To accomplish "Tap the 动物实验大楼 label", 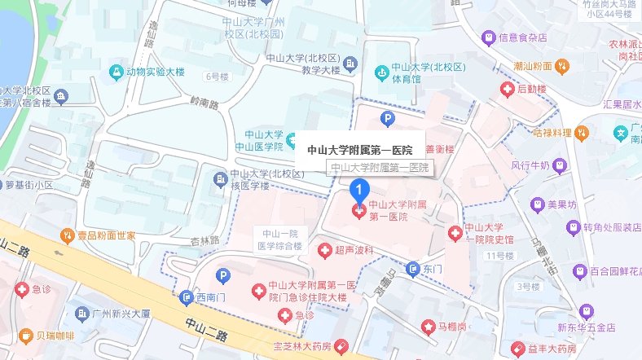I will coord(163,71).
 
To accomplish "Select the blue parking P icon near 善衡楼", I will coord(389,119).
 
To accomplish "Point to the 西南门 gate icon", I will coord(187,297).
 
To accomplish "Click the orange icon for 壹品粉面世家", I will coord(68,235).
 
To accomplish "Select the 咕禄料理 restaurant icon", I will coord(581,132).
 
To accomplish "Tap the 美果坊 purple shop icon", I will coord(536,204).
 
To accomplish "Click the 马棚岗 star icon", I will coord(429,327).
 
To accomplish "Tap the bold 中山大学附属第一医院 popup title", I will coord(359,150).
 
